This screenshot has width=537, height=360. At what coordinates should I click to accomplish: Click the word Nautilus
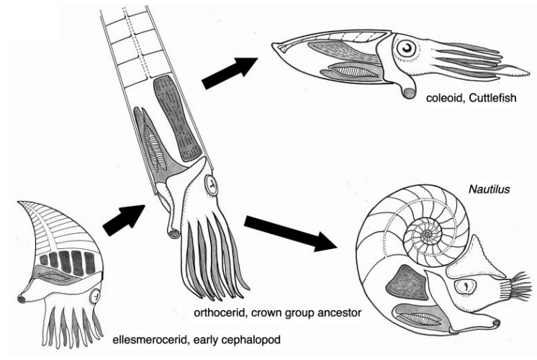pos(489,189)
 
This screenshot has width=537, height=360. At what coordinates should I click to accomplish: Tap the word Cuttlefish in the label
pos(492,98)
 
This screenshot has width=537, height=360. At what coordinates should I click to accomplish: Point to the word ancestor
pos(339,312)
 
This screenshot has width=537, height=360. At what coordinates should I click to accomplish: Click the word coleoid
pos(444,99)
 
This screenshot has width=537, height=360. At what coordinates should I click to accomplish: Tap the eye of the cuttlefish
pos(407,49)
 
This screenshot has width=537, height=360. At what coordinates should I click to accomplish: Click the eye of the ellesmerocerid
pos(95,295)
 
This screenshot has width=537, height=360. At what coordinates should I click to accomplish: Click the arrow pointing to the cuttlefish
pos(230,73)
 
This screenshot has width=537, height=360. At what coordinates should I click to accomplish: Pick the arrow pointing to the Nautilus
pos(289,233)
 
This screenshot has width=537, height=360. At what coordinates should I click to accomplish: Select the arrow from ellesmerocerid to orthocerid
pos(124,220)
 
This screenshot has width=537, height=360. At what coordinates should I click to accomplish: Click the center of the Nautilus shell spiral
pos(427,235)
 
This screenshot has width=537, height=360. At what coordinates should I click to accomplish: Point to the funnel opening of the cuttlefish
pos(409,93)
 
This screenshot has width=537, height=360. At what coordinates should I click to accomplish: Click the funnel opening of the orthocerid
pos(173,233)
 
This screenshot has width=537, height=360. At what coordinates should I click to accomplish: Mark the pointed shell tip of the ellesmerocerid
pos(19,202)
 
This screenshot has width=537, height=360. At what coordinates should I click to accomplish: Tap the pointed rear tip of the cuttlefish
pos(273,45)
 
